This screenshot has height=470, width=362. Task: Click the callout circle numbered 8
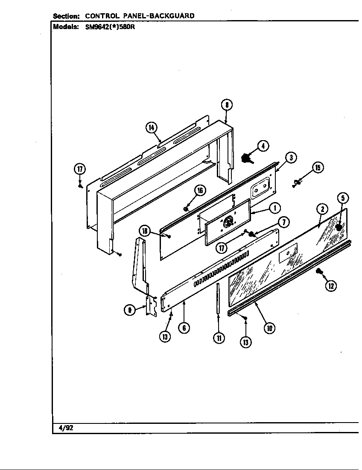(x=227, y=104)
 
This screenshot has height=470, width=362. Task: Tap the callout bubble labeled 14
(x=151, y=127)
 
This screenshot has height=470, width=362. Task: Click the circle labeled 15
(x=318, y=168)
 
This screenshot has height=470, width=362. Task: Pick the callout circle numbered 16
(x=199, y=191)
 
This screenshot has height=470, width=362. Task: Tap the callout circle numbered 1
(x=275, y=208)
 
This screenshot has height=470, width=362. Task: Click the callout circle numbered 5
(x=343, y=198)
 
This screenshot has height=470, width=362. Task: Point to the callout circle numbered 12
(x=331, y=286)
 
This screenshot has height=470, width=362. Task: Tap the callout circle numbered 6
(x=184, y=328)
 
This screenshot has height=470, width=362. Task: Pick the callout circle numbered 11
(x=219, y=338)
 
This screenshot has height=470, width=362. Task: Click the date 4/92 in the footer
(x=63, y=428)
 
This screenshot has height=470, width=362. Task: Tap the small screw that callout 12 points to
(x=318, y=271)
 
